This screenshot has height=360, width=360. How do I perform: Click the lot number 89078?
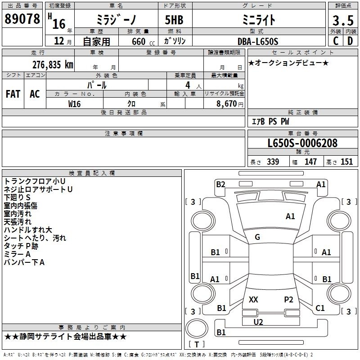[22, 18]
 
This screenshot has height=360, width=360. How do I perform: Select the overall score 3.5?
[343, 20]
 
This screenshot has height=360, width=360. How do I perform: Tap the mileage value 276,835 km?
[53, 65]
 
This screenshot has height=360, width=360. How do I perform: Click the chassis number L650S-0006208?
[302, 143]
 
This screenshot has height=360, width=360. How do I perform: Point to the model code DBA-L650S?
[258, 41]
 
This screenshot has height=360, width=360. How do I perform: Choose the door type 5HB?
[174, 20]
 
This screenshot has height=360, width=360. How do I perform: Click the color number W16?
[74, 104]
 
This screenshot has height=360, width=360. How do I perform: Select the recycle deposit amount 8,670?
[226, 104]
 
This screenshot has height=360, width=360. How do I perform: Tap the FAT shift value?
[13, 94]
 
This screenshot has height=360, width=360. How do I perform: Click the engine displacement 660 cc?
[143, 42]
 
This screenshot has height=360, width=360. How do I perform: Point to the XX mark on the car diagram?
[253, 299]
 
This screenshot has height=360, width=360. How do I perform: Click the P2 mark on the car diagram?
[288, 299]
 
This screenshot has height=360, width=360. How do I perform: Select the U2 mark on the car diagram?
[258, 322]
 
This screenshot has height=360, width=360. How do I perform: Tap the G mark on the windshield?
[257, 237]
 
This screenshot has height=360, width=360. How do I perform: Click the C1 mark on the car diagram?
[320, 308]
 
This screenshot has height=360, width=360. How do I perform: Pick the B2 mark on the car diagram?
[220, 184]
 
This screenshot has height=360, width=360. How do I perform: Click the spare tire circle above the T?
[197, 328]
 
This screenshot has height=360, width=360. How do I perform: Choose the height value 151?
[346, 162]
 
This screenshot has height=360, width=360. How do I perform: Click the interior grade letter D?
[350, 41]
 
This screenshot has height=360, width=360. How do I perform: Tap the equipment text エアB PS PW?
[270, 121]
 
